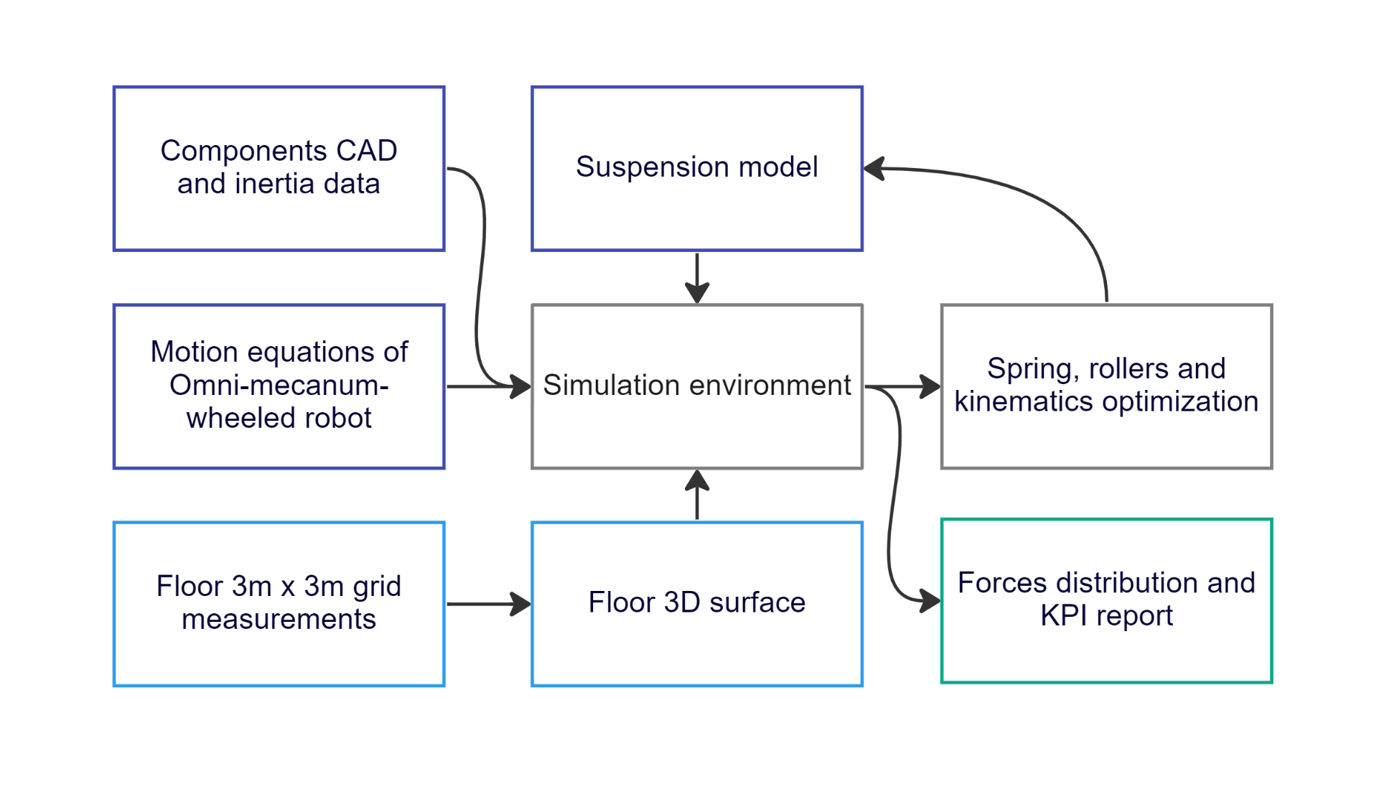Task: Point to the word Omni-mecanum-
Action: tap(279, 386)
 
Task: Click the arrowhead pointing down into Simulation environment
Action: tap(697, 293)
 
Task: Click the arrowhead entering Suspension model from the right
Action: tap(874, 169)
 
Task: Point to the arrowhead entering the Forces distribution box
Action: tap(930, 600)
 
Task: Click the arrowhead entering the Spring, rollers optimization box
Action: tap(930, 386)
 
